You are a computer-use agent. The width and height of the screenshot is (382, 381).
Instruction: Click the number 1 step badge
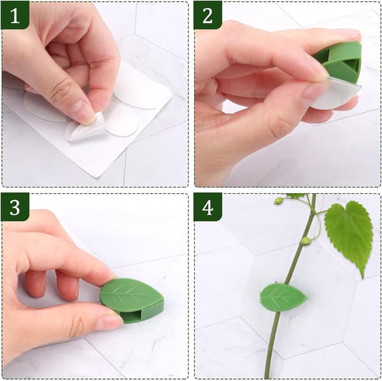click(15, 15)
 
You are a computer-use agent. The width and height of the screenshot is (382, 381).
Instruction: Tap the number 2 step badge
click(208, 15)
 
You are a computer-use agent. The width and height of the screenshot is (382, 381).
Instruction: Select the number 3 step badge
click(15, 207)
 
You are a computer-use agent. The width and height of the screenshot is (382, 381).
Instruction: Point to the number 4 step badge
click(208, 207)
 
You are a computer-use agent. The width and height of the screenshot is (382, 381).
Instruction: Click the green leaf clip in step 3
click(132, 300)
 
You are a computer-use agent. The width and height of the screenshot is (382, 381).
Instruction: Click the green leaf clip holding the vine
click(283, 298)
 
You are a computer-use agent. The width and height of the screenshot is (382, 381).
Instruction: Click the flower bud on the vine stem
click(305, 241)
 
